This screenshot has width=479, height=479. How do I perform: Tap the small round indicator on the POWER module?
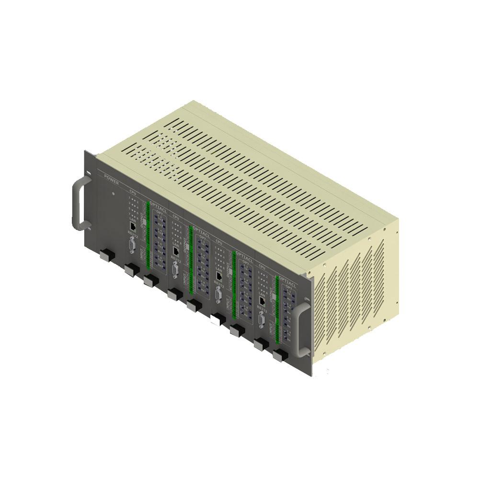click(113, 194)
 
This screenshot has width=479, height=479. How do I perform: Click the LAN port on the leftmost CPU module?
click(133, 224)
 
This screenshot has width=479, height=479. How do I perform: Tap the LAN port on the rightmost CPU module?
click(263, 301)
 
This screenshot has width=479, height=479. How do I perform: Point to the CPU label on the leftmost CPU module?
click(133, 192)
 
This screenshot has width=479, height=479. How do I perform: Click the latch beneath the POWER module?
click(106, 255)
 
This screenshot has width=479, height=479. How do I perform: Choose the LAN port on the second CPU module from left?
click(176, 250)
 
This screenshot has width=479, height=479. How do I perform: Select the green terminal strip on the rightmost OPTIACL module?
click(277, 311)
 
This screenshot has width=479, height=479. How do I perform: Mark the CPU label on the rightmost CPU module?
click(262, 266)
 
